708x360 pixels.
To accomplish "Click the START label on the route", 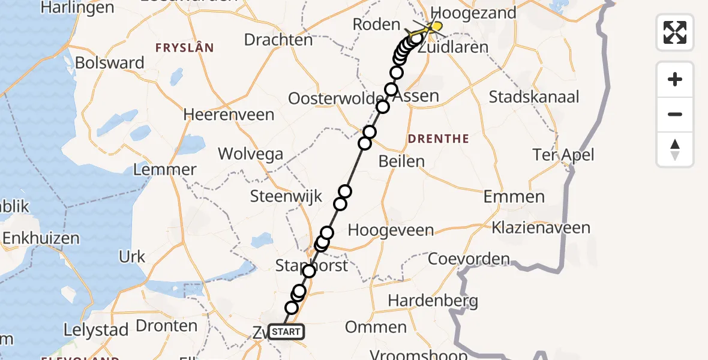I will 286,332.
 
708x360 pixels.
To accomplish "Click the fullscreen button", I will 675,32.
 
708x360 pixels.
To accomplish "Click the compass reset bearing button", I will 675,149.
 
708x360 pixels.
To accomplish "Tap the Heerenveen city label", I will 229,115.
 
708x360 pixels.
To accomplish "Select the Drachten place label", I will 278,40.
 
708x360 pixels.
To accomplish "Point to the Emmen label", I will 514,197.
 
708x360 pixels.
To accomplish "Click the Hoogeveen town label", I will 391,230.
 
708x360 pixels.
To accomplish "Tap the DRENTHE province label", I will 438,139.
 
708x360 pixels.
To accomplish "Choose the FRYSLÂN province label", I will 185,47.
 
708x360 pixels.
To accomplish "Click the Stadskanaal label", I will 534,97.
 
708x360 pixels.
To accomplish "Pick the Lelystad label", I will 96,331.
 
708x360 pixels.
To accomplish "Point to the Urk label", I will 132,257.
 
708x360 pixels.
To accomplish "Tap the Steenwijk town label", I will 286,196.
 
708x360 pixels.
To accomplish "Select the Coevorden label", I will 469,260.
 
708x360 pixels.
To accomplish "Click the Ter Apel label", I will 563,155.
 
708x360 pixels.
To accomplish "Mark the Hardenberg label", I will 433,301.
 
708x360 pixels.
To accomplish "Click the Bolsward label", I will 110,63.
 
